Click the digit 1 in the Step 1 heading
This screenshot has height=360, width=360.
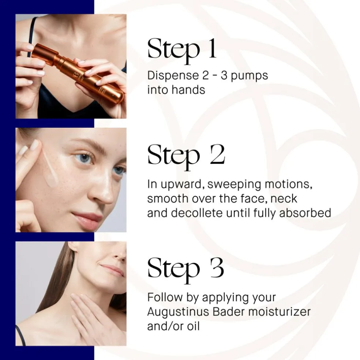(212, 48)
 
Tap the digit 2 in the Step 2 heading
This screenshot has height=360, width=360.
(217, 154)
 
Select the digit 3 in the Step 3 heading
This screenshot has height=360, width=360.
(217, 268)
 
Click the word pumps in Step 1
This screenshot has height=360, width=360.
(250, 76)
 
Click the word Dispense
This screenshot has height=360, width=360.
(173, 76)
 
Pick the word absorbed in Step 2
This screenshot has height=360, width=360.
(305, 213)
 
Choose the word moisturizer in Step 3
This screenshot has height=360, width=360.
(280, 312)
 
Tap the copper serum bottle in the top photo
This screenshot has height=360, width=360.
(78, 71)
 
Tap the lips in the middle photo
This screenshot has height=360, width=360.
(87, 219)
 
